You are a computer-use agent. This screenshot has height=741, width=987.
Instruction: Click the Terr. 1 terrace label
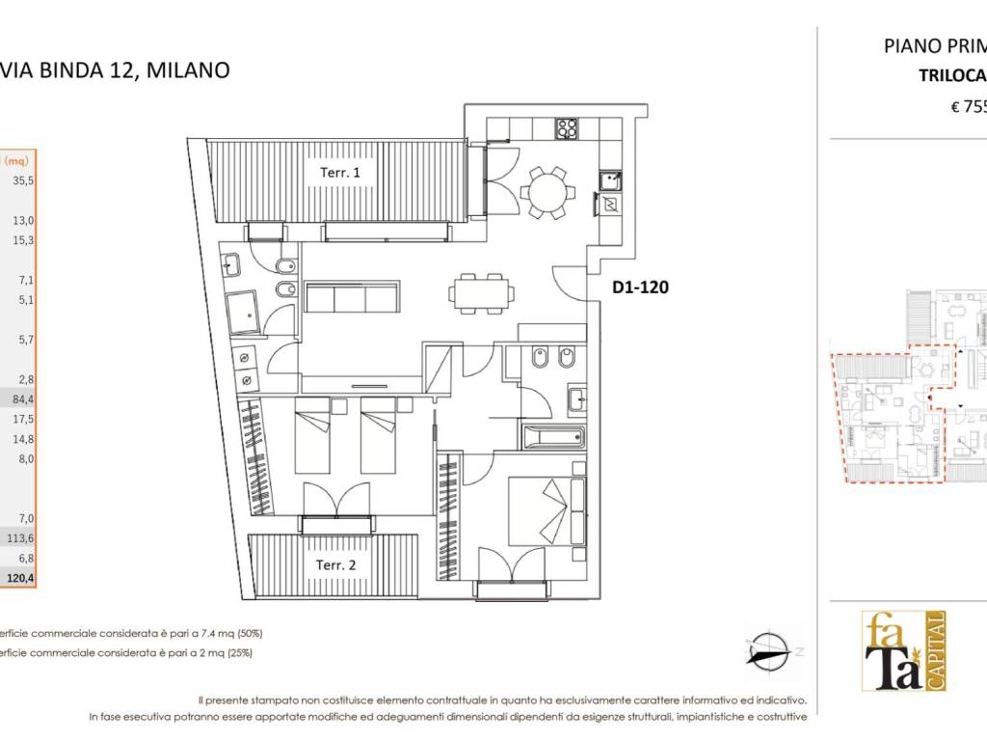pos(340,173)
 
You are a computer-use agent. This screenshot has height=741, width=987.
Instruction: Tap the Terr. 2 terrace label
pos(336,564)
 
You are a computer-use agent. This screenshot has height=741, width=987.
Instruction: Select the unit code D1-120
pos(640,287)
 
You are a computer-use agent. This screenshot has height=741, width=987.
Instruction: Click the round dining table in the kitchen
pos(547,193)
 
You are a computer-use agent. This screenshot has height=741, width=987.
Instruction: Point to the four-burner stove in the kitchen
pos(565,128)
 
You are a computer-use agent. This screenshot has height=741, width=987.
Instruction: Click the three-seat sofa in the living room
pos(352,297)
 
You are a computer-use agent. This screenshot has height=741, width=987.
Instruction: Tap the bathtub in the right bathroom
pos(553,438)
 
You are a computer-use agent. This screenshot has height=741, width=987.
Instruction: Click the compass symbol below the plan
pos(768,649)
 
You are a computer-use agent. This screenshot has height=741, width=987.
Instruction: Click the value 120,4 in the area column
pos(20,578)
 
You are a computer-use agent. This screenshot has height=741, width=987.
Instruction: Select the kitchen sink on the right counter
pos(608,178)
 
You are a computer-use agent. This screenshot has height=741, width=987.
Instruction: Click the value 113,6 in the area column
pos(20,538)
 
